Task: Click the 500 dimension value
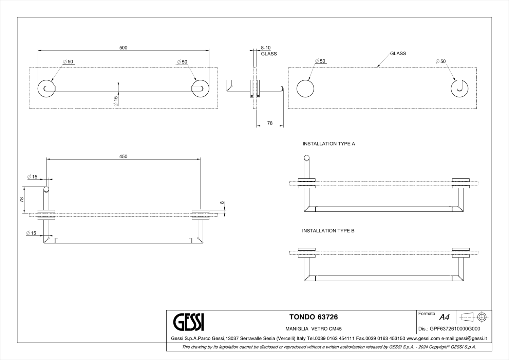click(x=124, y=48)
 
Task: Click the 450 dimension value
click(x=124, y=156)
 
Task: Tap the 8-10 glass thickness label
click(x=266, y=48)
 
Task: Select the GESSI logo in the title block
click(x=189, y=322)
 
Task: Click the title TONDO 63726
click(x=314, y=317)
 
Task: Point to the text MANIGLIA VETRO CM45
click(x=314, y=329)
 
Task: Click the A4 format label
click(x=444, y=317)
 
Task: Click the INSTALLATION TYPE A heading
click(x=329, y=144)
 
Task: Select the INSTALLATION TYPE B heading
click(x=328, y=231)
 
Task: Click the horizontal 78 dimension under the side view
click(x=270, y=123)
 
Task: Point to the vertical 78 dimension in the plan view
click(x=22, y=200)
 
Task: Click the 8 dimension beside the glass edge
click(x=222, y=203)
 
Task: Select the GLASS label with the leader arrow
click(x=398, y=53)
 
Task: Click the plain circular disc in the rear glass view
click(x=305, y=89)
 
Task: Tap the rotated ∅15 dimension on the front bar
click(x=115, y=101)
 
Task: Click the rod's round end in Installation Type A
click(x=306, y=158)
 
